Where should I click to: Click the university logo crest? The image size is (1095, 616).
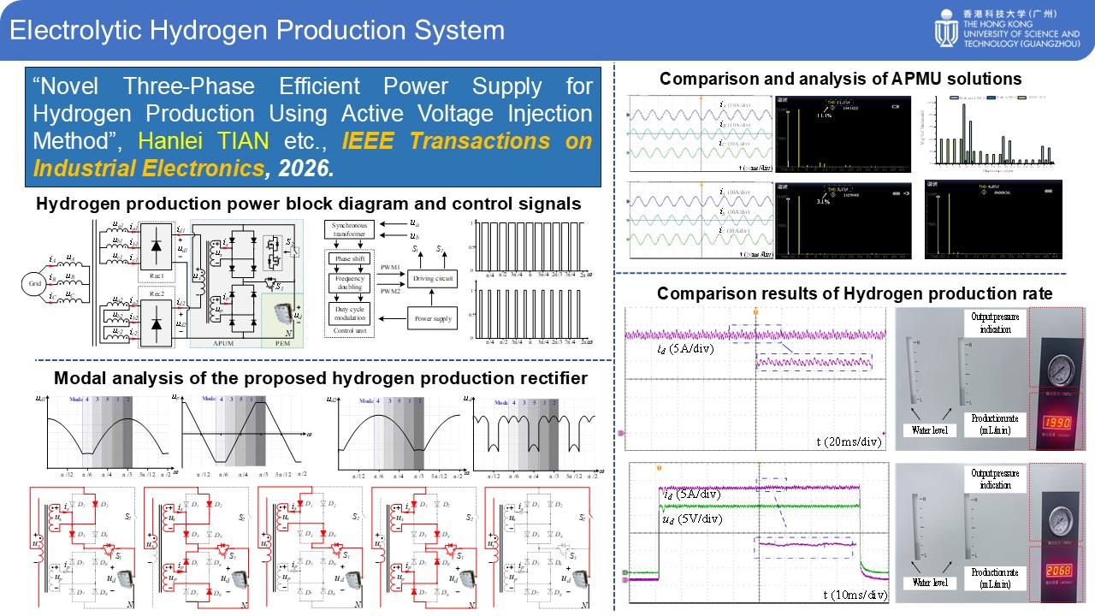coord(947,30)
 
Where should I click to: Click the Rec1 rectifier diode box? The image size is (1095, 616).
coord(157,248)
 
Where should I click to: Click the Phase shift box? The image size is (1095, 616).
coord(350,258)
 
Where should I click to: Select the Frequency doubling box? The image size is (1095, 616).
coord(350,283)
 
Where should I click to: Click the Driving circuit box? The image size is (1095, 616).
coord(432,278)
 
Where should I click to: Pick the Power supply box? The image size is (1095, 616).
coord(432,319)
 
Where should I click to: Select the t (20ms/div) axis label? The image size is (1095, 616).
coord(849,441)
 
